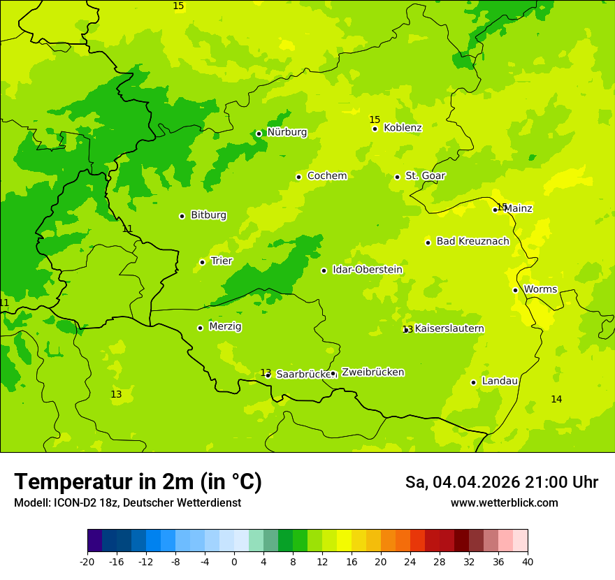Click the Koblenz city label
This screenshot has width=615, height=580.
403,128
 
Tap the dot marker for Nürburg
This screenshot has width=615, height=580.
259,133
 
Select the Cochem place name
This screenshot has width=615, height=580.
326,176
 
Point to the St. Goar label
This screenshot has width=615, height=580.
425,176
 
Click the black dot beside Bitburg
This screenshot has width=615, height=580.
182,216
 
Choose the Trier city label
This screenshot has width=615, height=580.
222,261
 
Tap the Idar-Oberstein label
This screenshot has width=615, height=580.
367,270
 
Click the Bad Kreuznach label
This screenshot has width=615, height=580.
472,242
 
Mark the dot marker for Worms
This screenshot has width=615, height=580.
515,290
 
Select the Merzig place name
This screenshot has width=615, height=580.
225,326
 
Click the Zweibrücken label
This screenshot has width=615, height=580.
372,372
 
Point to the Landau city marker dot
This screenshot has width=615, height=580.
473,382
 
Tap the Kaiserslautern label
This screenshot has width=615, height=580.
449,329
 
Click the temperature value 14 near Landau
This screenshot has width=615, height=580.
556,399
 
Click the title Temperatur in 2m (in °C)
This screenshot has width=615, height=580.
138,482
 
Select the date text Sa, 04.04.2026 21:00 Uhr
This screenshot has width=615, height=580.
501,482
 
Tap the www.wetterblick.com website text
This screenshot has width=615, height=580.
504,503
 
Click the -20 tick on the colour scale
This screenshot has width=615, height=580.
87,562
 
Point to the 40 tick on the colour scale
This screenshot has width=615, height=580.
528,562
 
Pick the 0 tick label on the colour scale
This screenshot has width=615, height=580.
234,562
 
